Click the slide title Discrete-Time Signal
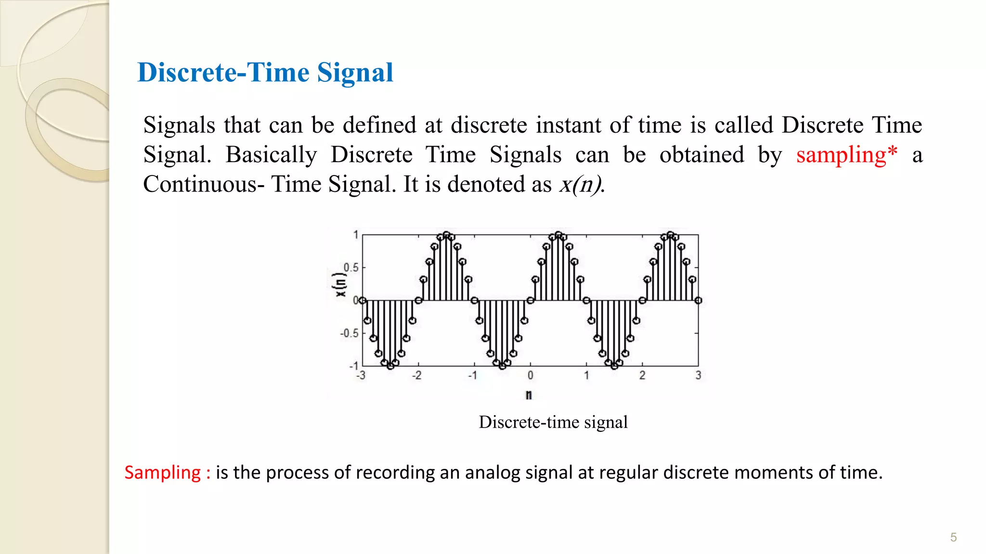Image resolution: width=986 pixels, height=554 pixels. coord(265,73)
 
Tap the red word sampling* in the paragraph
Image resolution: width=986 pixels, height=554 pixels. coord(846,155)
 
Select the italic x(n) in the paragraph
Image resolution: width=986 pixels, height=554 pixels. coord(581,184)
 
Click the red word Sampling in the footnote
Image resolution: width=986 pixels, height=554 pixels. coord(162,472)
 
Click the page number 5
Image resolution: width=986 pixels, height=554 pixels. coord(953,537)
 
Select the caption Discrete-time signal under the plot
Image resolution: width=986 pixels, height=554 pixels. coord(553,422)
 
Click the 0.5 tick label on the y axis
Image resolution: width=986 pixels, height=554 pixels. coord(351,267)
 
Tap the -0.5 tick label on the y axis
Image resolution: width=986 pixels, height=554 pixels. coord(350,333)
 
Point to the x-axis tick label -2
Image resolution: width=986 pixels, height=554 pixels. coord(416,375)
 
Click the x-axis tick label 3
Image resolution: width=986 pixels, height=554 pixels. coord(698,375)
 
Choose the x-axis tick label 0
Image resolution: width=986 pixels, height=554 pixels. coord(530,375)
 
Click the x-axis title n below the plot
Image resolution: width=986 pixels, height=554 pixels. coord(529,395)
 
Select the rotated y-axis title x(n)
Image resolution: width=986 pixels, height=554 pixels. coord(340,285)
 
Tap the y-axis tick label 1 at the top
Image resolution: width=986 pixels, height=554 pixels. coord(356,235)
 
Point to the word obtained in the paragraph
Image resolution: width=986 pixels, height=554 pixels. coord(701,155)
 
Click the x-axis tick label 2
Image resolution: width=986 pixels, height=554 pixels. coord(642,375)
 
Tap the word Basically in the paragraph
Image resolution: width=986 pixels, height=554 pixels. coord(271,155)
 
